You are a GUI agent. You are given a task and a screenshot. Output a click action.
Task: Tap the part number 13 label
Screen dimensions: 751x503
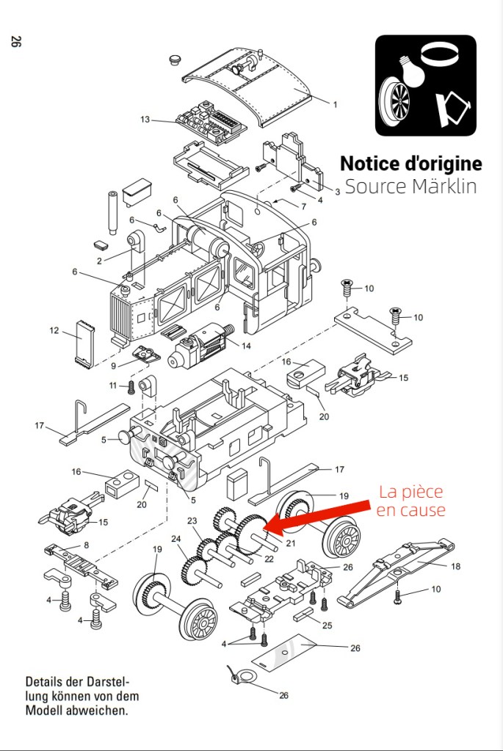pyautogui.click(x=145, y=119)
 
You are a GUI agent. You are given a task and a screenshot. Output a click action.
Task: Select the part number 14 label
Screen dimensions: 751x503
pyautogui.click(x=246, y=345)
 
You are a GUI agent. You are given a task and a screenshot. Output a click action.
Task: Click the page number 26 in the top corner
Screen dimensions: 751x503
pyautogui.click(x=15, y=42)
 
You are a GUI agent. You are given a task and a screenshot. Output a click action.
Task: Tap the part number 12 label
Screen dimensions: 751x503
pyautogui.click(x=54, y=330)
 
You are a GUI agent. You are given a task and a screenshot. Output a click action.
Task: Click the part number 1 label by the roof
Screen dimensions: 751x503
pyautogui.click(x=335, y=104)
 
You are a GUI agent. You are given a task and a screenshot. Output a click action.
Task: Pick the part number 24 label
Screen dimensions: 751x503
pyautogui.click(x=176, y=538)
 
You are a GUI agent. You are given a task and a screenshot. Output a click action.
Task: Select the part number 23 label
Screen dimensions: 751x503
pyautogui.click(x=192, y=521)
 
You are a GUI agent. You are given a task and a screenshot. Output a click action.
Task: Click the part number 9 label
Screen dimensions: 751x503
pyautogui.click(x=114, y=365)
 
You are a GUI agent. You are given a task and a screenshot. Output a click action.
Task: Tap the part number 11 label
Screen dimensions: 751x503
pyautogui.click(x=113, y=385)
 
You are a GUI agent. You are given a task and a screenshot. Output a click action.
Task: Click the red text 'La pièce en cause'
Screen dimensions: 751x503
pyautogui.click(x=410, y=501)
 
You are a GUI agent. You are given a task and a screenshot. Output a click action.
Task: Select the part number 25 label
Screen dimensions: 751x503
pyautogui.click(x=328, y=625)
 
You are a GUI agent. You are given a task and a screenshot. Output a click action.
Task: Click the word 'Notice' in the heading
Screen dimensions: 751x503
pyautogui.click(x=372, y=163)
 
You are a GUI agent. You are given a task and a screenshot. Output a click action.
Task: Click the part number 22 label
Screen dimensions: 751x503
pyautogui.click(x=269, y=559)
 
